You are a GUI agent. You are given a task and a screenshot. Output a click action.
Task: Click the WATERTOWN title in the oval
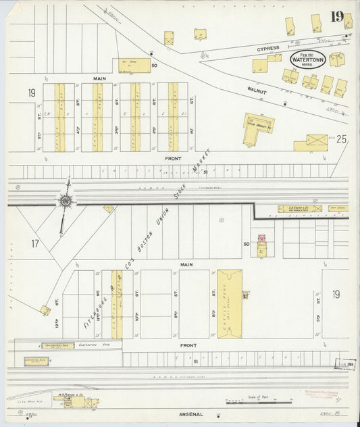(x=307, y=59)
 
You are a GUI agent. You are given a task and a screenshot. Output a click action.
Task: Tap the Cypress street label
(x=267, y=49)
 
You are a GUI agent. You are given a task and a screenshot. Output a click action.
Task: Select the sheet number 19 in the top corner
(x=337, y=16)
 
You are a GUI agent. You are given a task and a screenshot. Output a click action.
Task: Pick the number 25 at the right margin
(x=341, y=140)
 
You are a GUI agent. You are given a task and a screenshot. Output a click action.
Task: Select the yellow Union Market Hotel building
(x=257, y=127)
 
